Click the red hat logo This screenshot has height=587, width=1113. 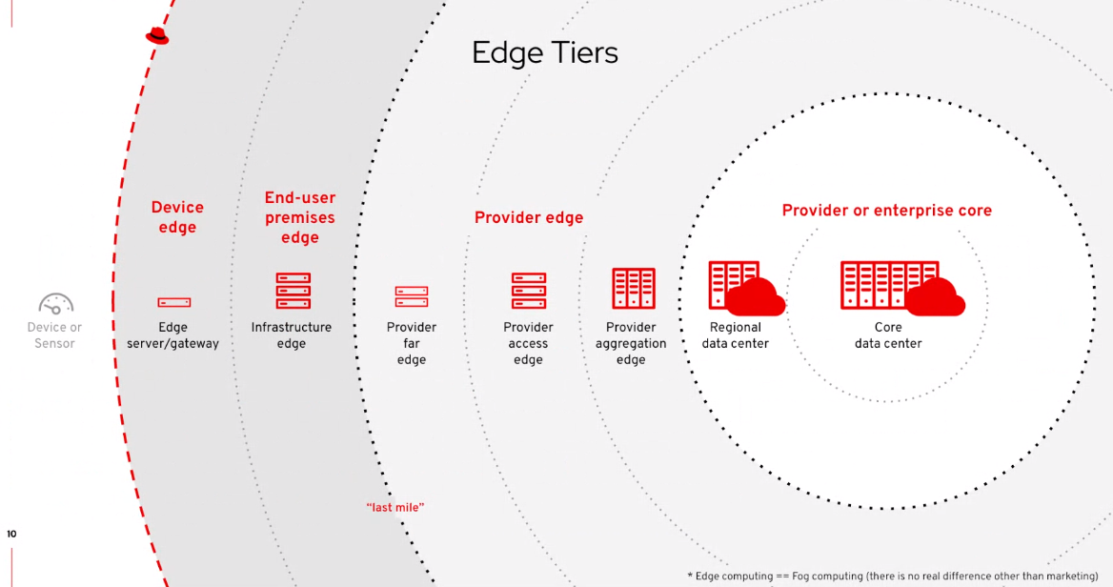(157, 36)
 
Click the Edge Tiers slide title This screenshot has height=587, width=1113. (544, 53)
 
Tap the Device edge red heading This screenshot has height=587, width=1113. (177, 217)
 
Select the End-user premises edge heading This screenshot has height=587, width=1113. (299, 218)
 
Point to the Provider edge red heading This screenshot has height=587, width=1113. (529, 218)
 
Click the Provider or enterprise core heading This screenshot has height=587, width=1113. (886, 211)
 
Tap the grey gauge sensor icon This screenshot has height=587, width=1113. (55, 303)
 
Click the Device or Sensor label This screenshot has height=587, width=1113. (54, 335)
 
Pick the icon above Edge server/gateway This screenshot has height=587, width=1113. (173, 302)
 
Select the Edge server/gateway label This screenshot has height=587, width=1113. (172, 335)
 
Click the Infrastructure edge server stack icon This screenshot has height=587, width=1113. (293, 291)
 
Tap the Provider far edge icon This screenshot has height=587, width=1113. (412, 296)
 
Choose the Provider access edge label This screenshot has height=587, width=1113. (528, 344)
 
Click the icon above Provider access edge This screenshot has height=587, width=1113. (529, 291)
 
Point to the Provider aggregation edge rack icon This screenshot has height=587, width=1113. (633, 288)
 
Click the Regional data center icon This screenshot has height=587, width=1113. (746, 288)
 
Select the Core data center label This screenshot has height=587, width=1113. (888, 335)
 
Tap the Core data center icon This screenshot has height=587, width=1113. (902, 288)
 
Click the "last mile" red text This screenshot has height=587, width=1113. (395, 508)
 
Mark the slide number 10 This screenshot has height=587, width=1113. (11, 534)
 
